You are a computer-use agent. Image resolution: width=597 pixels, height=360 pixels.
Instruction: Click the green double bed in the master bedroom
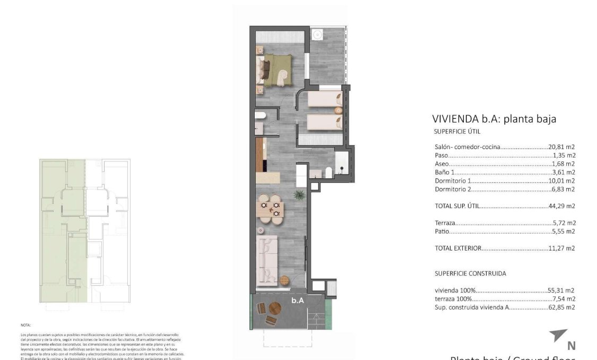click(277, 70)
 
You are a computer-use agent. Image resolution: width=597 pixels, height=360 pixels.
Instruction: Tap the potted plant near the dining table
click(299, 194)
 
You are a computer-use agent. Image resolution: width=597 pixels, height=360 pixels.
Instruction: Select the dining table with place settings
click(271, 208)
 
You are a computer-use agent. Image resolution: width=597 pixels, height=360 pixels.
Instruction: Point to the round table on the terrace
click(274, 307)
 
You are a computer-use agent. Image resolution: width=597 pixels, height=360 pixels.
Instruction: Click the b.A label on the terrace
click(297, 301)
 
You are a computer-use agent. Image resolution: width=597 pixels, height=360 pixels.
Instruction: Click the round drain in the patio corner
click(317, 35)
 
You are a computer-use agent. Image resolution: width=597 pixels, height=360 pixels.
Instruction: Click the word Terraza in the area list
click(445, 223)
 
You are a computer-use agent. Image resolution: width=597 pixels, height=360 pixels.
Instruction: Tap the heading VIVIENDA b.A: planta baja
click(494, 119)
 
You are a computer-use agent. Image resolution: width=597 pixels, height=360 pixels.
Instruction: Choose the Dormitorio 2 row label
click(453, 189)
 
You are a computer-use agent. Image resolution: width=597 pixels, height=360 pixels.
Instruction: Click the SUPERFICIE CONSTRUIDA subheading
click(470, 273)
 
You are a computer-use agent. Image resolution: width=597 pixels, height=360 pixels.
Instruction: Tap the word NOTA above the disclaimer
click(25, 325)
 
